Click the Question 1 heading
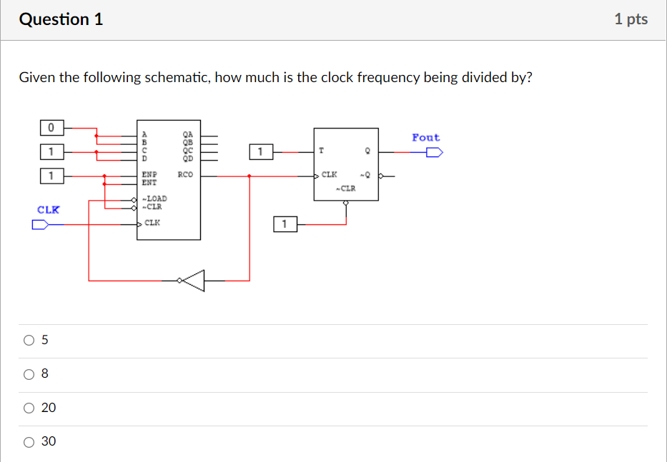pyautogui.click(x=61, y=19)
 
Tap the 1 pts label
pyautogui.click(x=630, y=19)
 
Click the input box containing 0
pyautogui.click(x=51, y=128)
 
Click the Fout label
pyautogui.click(x=425, y=137)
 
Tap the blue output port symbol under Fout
pyautogui.click(x=434, y=151)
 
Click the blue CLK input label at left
pyautogui.click(x=49, y=210)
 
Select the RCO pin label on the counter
pyautogui.click(x=185, y=174)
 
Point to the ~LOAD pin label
pyautogui.click(x=154, y=199)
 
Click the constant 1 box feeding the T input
pyautogui.click(x=261, y=151)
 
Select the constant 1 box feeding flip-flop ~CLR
pyautogui.click(x=284, y=225)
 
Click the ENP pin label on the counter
pyautogui.click(x=149, y=174)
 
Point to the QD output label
pyautogui.click(x=188, y=159)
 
